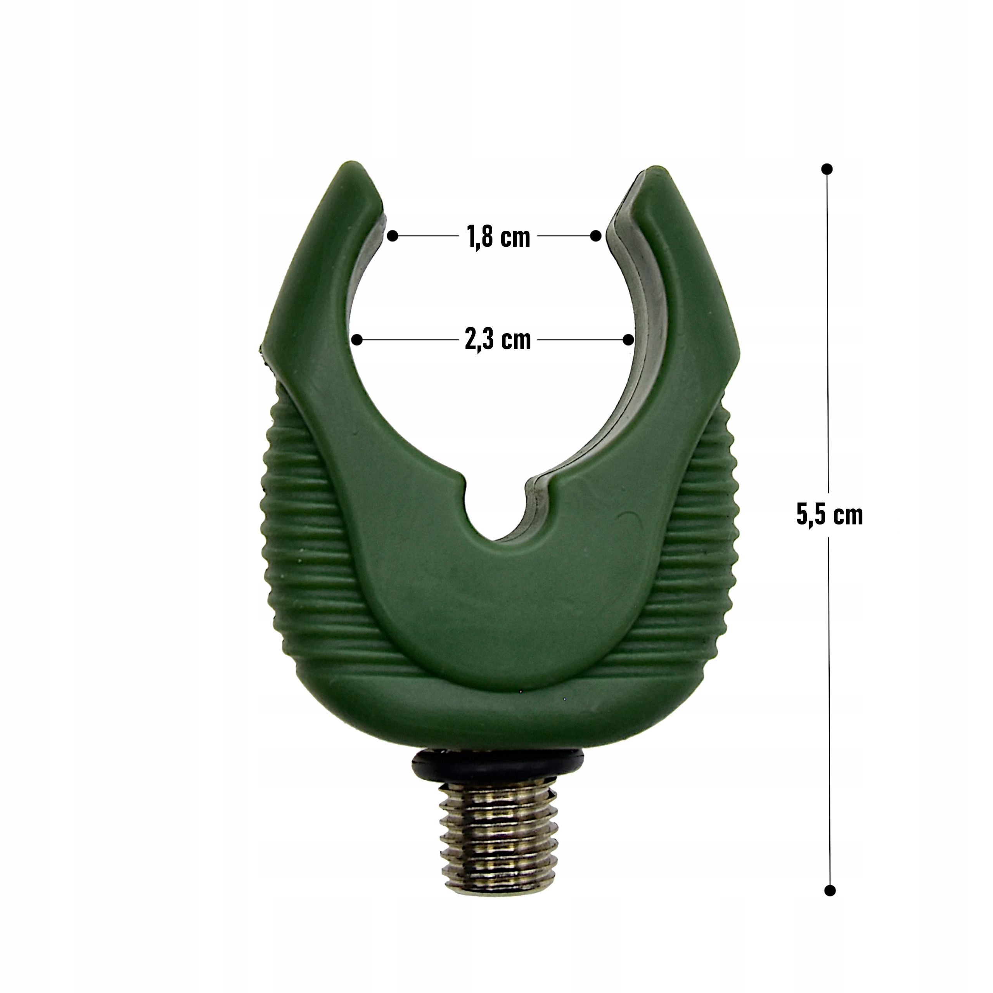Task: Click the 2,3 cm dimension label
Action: (498, 340)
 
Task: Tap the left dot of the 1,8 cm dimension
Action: (393, 236)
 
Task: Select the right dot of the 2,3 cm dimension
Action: (628, 340)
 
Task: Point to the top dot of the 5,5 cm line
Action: (827, 169)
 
